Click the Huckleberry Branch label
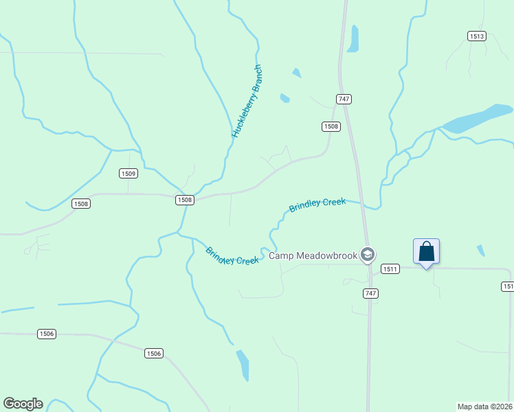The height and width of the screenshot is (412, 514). tap(247, 101)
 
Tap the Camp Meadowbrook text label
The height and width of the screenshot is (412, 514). tap(313, 256)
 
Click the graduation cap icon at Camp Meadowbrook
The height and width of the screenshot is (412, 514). tap(368, 255)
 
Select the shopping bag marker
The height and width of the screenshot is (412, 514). tap(426, 251)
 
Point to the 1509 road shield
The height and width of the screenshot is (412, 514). tap(128, 174)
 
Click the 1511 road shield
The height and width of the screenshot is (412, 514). tap(390, 269)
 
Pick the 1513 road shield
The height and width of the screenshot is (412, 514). tap(477, 36)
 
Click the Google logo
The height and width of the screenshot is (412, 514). tap(23, 404)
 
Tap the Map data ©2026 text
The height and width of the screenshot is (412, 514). tap(484, 407)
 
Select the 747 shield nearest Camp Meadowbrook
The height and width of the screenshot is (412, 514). tap(370, 293)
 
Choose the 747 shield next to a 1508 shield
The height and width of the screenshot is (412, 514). tap(344, 99)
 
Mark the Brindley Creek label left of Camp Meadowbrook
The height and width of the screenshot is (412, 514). tap(232, 256)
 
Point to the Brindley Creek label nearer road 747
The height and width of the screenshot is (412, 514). tap(317, 205)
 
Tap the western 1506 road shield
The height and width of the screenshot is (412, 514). tap(47, 334)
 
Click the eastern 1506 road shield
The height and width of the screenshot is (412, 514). tap(154, 353)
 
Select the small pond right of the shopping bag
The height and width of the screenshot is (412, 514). tap(480, 251)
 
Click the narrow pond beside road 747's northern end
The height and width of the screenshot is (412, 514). tap(353, 38)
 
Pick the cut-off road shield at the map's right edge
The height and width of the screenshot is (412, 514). tap(509, 286)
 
